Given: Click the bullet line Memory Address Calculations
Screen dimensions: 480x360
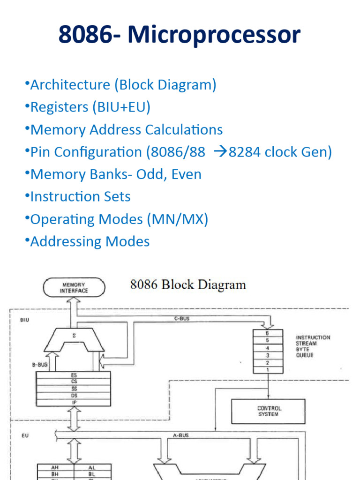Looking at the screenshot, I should [126, 130].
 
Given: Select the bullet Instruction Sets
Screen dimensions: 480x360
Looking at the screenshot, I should [80, 196].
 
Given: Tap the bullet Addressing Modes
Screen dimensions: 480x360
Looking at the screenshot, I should [90, 241].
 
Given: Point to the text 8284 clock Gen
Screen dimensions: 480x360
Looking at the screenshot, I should [280, 152].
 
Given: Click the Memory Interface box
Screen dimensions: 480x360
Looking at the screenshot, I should [74, 287].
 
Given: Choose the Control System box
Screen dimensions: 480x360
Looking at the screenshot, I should [268, 411].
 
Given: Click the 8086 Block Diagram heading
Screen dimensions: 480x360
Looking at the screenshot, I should [188, 285].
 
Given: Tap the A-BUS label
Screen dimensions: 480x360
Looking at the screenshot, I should [180, 435].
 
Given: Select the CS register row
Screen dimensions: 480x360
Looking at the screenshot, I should [74, 382].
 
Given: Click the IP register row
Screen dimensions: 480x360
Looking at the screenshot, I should [74, 402].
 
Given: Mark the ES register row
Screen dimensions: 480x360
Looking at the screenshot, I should [74, 375].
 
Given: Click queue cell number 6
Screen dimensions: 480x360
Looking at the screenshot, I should [268, 333].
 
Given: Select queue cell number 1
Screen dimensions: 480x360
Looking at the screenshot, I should [268, 370].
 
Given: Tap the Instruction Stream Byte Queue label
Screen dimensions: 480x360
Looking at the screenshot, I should [313, 346].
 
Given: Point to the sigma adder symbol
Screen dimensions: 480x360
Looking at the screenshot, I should [74, 336].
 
